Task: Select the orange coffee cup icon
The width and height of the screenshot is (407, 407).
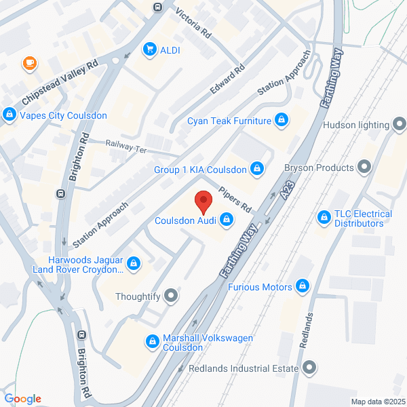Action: pos(29,64)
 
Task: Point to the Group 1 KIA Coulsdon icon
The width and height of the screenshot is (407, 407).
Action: pos(257,168)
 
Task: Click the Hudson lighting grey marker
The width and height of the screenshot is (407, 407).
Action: pos(401,125)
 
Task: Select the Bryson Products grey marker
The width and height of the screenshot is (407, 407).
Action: pos(364,167)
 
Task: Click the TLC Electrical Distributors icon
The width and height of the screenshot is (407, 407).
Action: pos(324,218)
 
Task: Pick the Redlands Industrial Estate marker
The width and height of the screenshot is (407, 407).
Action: pos(310,368)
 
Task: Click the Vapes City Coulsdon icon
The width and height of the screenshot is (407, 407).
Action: pos(9,115)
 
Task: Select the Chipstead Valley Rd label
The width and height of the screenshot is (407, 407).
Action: pos(60,81)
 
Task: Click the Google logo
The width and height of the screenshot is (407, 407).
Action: pos(22,399)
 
